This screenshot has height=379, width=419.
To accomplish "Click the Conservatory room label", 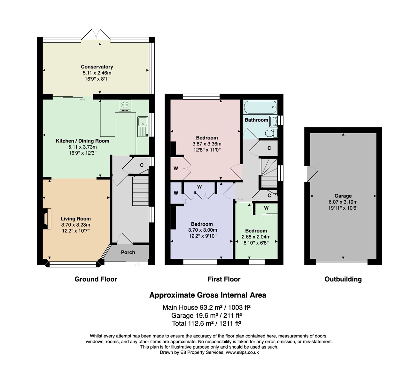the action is [97, 67].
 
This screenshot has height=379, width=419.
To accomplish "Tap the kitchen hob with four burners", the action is [125, 106].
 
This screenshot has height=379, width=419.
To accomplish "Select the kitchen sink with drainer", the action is [143, 127].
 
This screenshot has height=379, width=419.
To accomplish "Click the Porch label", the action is [128, 252].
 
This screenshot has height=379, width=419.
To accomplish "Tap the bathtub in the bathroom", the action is [260, 107].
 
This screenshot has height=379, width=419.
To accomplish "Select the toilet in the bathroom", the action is [271, 133].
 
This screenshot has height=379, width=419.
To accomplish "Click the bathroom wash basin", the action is [273, 121].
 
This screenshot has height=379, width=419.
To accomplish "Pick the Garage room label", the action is [343, 196].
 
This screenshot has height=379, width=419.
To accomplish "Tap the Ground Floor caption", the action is [96, 279].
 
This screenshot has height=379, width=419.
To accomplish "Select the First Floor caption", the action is [224, 279].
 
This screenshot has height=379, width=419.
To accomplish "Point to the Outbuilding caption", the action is [343, 279].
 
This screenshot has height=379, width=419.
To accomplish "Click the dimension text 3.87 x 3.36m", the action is [207, 144].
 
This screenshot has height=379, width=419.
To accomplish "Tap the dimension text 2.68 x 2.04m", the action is [256, 237].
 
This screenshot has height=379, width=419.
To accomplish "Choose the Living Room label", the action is [76, 219].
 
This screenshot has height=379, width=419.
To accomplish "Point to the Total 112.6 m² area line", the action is [206, 323].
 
